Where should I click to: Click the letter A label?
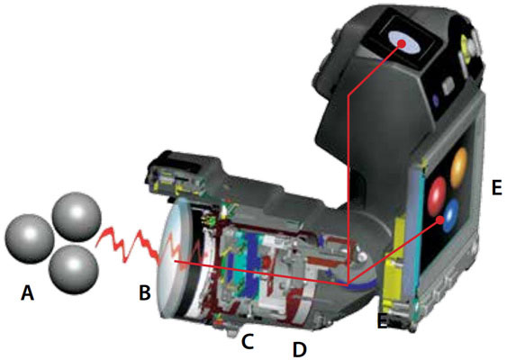pyautogui.click(x=28, y=293)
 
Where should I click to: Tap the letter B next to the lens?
pyautogui.click(x=144, y=292)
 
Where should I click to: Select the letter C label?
pyautogui.click(x=248, y=342)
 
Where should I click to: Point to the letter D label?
pyautogui.click(x=299, y=349)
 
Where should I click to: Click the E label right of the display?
pyautogui.click(x=497, y=187)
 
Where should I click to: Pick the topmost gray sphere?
pyautogui.click(x=77, y=217)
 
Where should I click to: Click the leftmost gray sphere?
pyautogui.click(x=29, y=238)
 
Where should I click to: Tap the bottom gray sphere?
pyautogui.click(x=74, y=269)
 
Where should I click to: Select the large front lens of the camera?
pyautogui.click(x=171, y=258)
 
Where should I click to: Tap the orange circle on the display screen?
pyautogui.click(x=459, y=168)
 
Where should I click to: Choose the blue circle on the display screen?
pyautogui.click(x=451, y=215)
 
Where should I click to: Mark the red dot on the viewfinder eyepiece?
pyautogui.click(x=402, y=43)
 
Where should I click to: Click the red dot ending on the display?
pyautogui.click(x=440, y=220)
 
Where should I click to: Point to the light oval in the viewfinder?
pyautogui.click(x=404, y=42)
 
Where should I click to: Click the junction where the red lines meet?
pyautogui.click(x=348, y=285)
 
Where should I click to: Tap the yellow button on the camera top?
pyautogui.click(x=465, y=45)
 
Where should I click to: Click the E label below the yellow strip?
pyautogui.click(x=383, y=321)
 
